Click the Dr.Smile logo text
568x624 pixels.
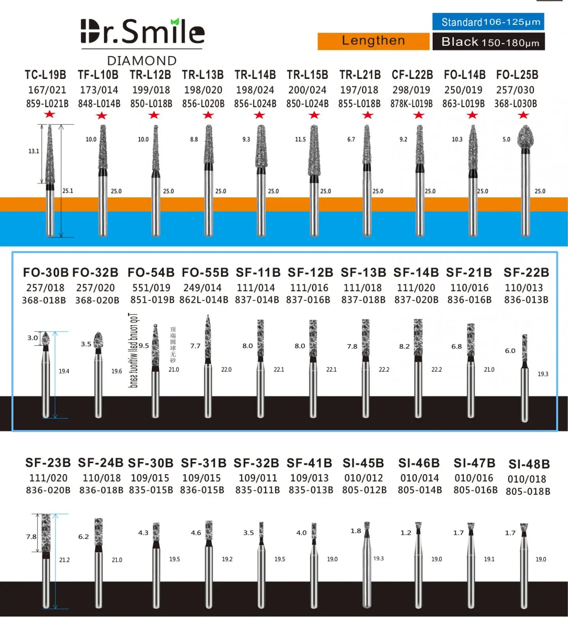[x=142, y=32]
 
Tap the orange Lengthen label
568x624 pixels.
[x=373, y=41]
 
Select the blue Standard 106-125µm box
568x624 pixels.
[x=488, y=22]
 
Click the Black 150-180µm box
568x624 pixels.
[x=488, y=42]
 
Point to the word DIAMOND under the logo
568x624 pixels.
[x=142, y=61]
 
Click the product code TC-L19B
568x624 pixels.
[x=45, y=75]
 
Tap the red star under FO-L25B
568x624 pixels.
[x=523, y=115]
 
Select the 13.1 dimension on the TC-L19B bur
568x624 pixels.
[x=34, y=151]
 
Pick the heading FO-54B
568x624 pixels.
[x=151, y=272]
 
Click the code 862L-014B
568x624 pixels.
[x=204, y=300]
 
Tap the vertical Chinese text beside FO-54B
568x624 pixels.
[x=173, y=345]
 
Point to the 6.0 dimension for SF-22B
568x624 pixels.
[x=510, y=350]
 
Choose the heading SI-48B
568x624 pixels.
[x=529, y=464]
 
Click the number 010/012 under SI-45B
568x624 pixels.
[x=364, y=478]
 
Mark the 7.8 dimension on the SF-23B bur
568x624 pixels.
[x=31, y=536]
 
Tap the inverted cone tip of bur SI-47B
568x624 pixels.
[x=471, y=527]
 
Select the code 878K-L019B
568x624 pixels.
[x=411, y=104]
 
